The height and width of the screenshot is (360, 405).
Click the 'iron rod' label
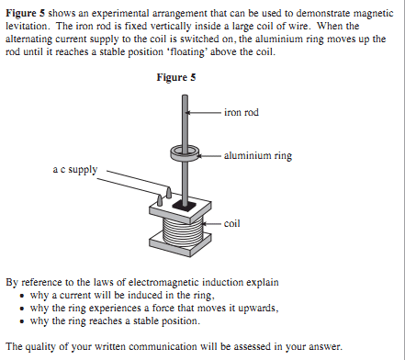tap(242, 112)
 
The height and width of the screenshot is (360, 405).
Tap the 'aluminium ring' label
tap(258, 156)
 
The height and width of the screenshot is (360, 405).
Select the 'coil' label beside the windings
tap(231, 223)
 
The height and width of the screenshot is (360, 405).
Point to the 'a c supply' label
tap(75, 170)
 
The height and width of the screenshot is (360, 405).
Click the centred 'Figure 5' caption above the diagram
tap(176, 77)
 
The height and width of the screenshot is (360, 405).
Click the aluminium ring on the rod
tap(185, 152)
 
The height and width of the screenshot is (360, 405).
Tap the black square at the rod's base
tap(185, 206)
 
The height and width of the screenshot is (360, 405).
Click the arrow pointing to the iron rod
tap(203, 113)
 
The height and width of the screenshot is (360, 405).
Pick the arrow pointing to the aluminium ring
tap(209, 156)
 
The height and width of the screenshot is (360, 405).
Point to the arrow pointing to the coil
tap(212, 224)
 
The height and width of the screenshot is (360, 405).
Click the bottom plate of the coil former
tap(180, 242)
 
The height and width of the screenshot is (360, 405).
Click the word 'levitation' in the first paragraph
tap(27, 27)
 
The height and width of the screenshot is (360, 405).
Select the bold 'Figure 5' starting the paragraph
tap(26, 13)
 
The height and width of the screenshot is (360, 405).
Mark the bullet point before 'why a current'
tap(21, 296)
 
